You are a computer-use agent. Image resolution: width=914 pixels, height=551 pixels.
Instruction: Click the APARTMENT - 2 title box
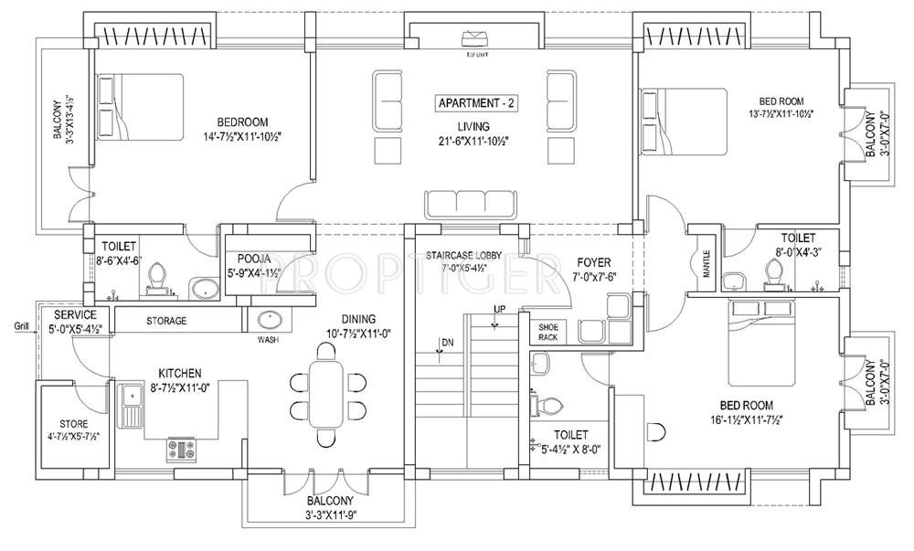[474, 103]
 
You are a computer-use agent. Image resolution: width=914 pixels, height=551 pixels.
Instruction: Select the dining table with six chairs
[326, 395]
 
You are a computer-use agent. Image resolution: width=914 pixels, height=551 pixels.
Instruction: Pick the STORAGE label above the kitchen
[167, 321]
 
